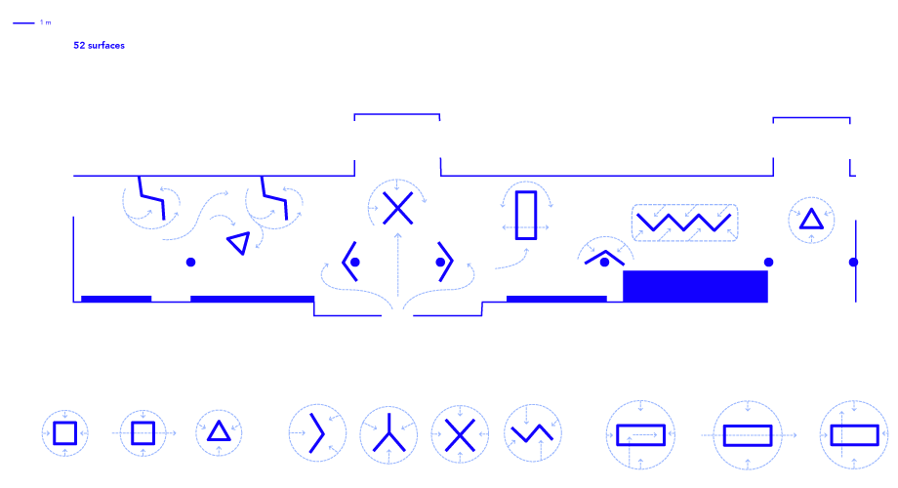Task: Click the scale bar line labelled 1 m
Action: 24,22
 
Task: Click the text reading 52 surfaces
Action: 99,45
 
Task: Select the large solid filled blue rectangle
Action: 695,287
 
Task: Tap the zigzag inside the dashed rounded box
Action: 684,223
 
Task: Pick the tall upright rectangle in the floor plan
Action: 526,215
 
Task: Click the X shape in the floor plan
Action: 397,207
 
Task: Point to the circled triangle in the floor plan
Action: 811,219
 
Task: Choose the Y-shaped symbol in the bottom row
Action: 388,434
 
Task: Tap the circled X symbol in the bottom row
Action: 460,434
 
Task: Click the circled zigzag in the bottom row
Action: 533,432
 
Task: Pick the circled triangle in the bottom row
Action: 219,431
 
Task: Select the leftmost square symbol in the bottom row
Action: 64,433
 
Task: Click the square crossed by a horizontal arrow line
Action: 143,433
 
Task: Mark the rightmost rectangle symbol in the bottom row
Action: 854,434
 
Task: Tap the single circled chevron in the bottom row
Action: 317,432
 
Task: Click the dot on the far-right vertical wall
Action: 853,263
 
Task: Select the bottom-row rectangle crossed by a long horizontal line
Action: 748,434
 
